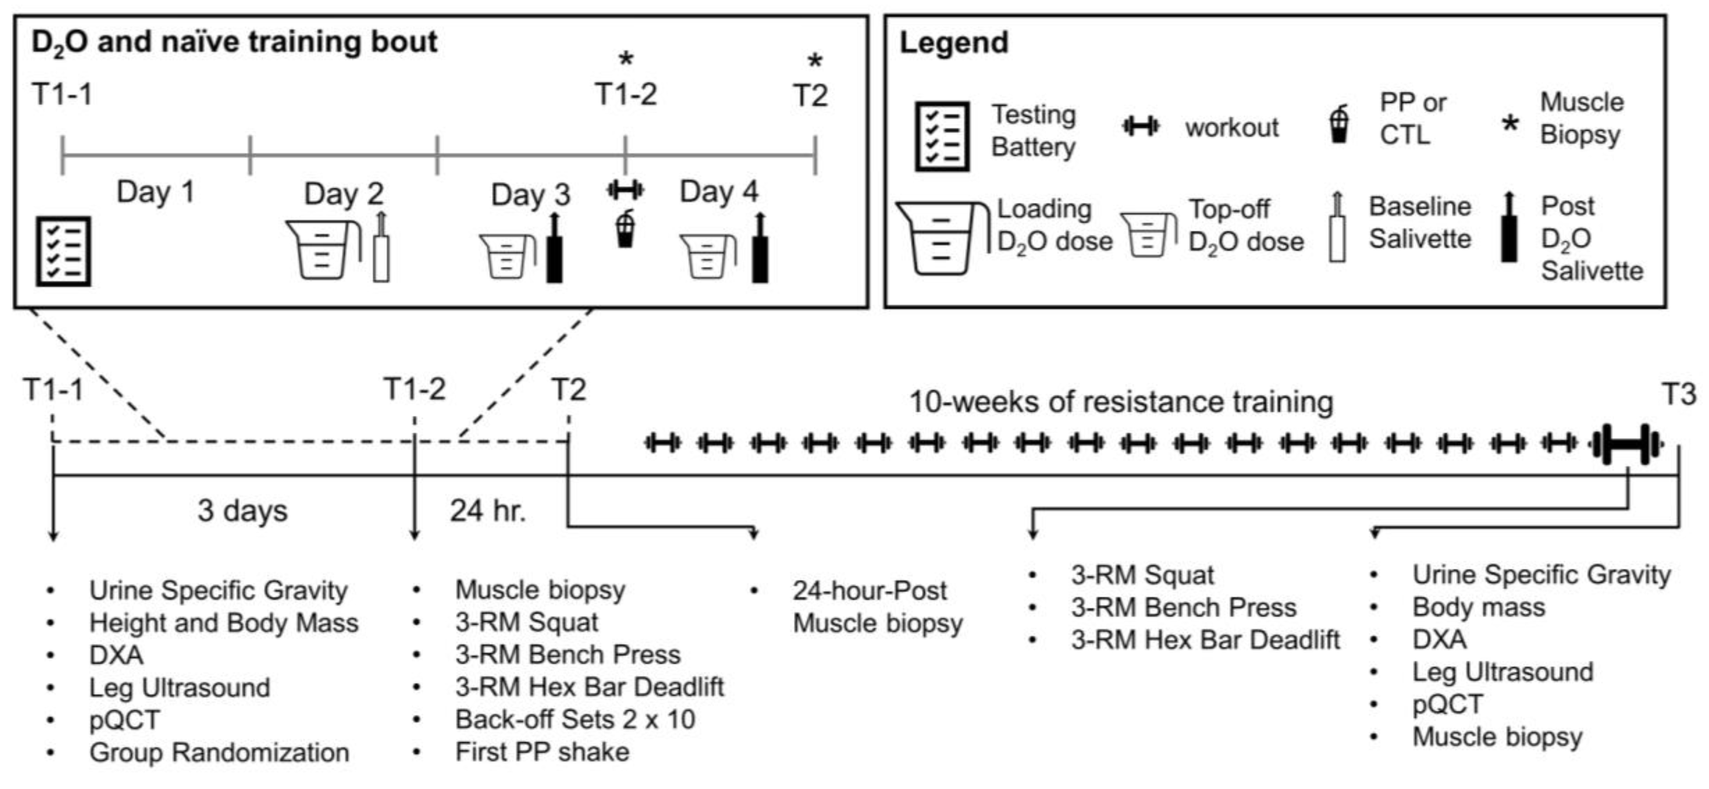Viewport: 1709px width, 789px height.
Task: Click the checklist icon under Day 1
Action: click(x=63, y=250)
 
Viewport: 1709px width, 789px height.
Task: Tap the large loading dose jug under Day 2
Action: click(x=322, y=249)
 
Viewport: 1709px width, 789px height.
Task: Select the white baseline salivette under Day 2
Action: click(x=381, y=249)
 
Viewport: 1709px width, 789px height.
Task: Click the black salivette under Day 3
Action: click(x=554, y=249)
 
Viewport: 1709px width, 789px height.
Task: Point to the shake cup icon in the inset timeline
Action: click(x=625, y=229)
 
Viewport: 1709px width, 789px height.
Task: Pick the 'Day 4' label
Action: click(x=719, y=192)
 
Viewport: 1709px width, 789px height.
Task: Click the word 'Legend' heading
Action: click(x=953, y=43)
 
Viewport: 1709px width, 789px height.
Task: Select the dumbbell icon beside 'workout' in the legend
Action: click(x=1141, y=126)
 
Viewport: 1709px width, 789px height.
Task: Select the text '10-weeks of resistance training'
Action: click(x=1121, y=402)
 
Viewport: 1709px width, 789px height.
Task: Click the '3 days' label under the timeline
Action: click(x=242, y=511)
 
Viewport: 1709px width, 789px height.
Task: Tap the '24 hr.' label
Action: click(x=488, y=511)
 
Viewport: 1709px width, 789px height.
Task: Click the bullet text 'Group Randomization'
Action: click(x=219, y=752)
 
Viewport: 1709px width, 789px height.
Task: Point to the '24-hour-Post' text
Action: click(x=869, y=590)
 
